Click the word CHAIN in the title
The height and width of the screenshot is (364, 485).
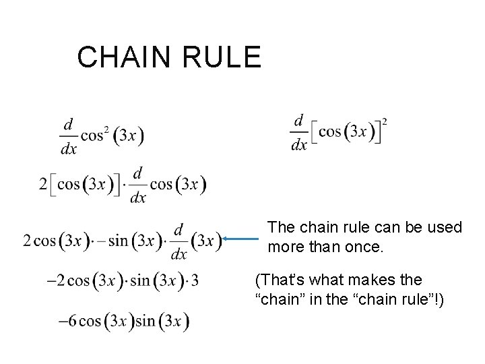coord(121,57)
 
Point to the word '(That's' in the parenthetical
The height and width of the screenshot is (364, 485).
coord(278,279)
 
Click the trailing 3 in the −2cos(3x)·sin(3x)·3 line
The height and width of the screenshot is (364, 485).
coord(195,280)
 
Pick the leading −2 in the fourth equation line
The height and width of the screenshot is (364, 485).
coord(57,280)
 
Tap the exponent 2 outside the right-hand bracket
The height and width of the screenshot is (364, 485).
coord(385,122)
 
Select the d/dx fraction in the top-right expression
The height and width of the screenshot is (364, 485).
coord(298,132)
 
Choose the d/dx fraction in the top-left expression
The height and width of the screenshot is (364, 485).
coord(68,136)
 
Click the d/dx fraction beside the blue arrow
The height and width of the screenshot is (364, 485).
coord(179,241)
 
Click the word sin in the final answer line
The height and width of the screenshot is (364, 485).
coord(145,322)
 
